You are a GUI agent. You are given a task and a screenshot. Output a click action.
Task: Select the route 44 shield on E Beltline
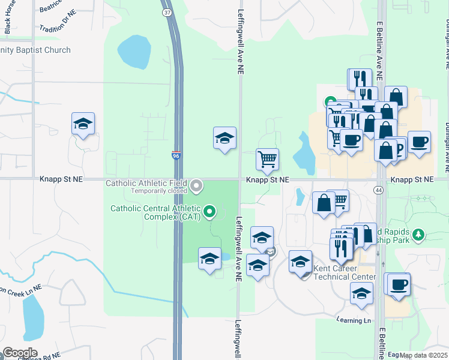coord(379,190)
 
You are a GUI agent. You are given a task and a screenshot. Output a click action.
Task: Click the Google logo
coord(20,353)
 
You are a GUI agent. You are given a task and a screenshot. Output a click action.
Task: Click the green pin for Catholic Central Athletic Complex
coord(209,211)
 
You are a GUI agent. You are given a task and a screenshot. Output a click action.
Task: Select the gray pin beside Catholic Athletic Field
coord(197,187)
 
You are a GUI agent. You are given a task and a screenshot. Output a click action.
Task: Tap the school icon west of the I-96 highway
coord(83,124)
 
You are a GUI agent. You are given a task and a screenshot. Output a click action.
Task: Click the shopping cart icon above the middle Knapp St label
coord(267,160)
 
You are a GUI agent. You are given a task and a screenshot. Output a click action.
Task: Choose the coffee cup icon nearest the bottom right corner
coord(399,284)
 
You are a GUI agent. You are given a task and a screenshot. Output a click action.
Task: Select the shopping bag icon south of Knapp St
coord(324,203)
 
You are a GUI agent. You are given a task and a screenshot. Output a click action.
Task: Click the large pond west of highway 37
coord(133,53)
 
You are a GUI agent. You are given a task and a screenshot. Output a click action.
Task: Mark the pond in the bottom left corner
coord(32,316)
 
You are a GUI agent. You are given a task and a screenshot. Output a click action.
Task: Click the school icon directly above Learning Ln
coord(361,294)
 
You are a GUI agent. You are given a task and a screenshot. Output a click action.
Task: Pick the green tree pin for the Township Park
coord(420,233)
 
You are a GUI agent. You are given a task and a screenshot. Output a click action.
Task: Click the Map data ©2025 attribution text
coord(424,355)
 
